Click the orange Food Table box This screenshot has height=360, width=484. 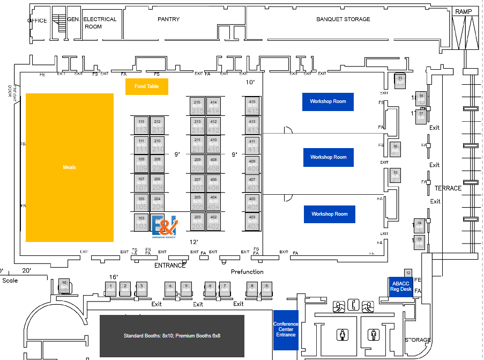pyautogui.click(x=146, y=86)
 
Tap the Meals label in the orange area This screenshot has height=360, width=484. pyautogui.click(x=69, y=167)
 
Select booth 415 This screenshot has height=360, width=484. pyautogui.click(x=251, y=105)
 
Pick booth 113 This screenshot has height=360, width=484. pyautogui.click(x=141, y=126)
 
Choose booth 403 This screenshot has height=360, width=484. pyautogui.click(x=251, y=221)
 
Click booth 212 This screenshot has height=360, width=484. pyautogui.click(x=157, y=126)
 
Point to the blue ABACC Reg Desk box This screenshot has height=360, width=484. pyautogui.click(x=400, y=286)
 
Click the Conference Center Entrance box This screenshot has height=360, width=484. pyautogui.click(x=286, y=329)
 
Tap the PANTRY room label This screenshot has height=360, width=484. pyautogui.click(x=168, y=19)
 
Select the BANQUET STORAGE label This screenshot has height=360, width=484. pyautogui.click(x=343, y=19)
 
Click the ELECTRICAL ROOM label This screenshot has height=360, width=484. pyautogui.click(x=100, y=23)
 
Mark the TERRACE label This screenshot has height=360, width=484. pyautogui.click(x=448, y=188)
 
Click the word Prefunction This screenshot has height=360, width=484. pyautogui.click(x=248, y=272)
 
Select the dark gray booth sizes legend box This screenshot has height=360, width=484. pyautogui.click(x=172, y=336)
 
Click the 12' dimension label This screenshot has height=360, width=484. pyautogui.click(x=194, y=242)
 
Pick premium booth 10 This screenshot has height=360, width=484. pyautogui.click(x=64, y=285)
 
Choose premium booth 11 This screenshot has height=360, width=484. pyautogui.click(x=400, y=81)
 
